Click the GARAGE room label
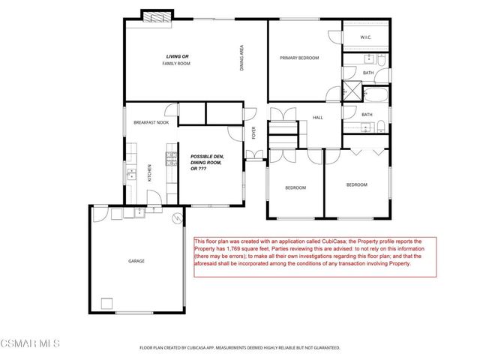136,261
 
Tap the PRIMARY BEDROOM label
299,58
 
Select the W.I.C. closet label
366,37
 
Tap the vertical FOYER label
254,133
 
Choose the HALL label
317,117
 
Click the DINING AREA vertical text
242,58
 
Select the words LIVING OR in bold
178,56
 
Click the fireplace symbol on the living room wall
157,15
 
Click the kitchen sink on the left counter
132,175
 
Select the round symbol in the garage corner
177,219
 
